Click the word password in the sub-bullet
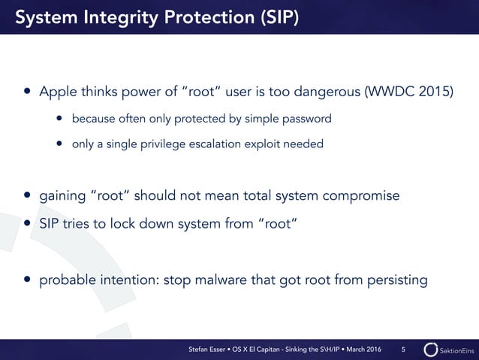tap(306, 119)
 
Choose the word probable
tap(65, 280)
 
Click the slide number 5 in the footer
tap(403, 349)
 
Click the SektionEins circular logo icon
tap(430, 349)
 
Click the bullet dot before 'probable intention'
tap(28, 281)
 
